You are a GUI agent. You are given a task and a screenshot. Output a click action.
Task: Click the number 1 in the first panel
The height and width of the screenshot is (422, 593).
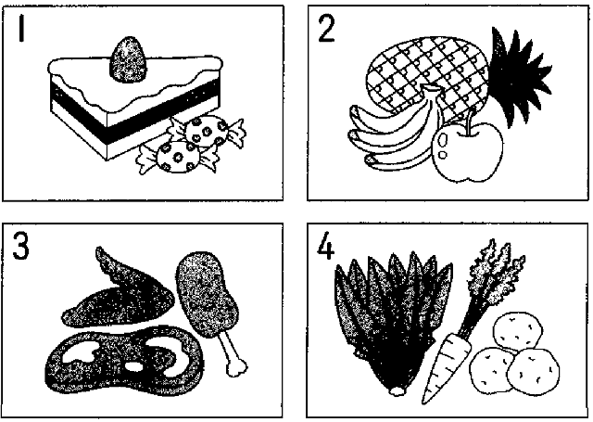[x=21, y=29]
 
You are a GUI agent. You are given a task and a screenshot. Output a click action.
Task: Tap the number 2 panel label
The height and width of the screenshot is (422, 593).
[x=326, y=29]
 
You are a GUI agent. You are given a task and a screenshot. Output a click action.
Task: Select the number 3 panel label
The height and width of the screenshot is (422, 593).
[x=20, y=246]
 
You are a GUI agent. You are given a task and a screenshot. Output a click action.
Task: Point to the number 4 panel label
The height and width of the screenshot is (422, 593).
[x=325, y=246]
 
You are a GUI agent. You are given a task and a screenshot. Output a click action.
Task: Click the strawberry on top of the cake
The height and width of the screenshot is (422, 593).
[x=128, y=59]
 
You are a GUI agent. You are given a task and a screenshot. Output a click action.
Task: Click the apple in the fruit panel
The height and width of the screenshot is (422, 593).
[x=467, y=151]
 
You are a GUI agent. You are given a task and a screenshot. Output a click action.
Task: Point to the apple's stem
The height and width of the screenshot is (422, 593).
[x=469, y=121]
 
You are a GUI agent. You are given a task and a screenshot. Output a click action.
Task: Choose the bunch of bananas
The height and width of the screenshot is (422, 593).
[x=393, y=131]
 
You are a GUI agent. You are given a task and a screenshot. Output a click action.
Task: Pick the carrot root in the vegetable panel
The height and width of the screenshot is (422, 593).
[x=447, y=367]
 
